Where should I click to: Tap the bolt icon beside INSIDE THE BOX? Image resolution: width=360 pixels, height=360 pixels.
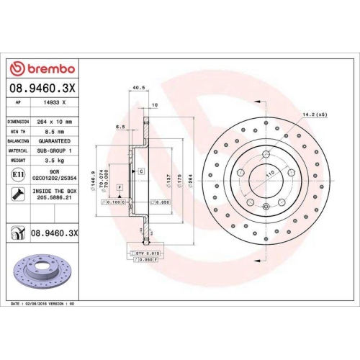17,193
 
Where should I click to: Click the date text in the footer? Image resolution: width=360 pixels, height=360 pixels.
43,305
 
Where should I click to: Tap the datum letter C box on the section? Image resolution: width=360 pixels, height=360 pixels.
142,171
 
